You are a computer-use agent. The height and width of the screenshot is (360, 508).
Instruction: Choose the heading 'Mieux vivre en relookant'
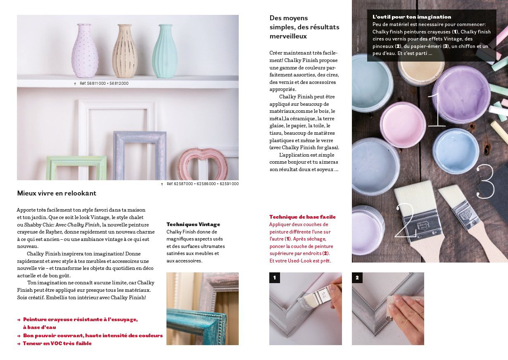coord(57,193)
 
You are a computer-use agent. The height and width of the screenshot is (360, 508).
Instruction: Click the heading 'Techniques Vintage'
coord(193,224)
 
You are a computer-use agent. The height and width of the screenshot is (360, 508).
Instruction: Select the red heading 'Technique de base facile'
coord(303,217)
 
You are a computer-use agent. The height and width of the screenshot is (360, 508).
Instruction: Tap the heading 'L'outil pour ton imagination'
coord(412,17)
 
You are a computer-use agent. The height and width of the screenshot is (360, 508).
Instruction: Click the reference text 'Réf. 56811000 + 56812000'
coord(104,83)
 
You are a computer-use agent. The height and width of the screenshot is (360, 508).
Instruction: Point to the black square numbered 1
coord(275,278)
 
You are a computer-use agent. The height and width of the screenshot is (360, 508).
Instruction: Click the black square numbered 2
coord(357,278)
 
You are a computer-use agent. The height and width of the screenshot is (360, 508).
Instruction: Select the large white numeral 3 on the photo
coord(485,181)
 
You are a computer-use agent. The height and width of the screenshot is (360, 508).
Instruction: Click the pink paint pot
coord(403,124)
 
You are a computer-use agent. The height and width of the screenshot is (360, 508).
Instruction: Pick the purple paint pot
coord(461,94)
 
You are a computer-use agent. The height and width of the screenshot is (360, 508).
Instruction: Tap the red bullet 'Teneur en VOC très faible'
coord(57,343)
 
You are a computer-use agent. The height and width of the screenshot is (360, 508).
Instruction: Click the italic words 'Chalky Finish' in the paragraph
coord(83,225)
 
